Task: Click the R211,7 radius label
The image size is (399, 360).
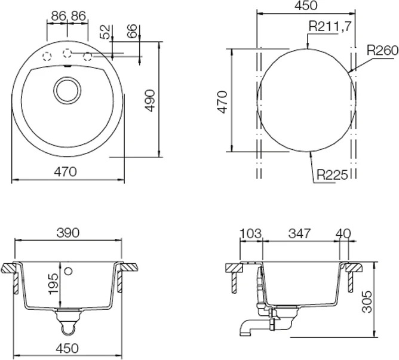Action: [330, 26]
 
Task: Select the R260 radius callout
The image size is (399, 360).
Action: [382, 51]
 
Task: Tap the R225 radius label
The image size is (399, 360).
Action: [332, 175]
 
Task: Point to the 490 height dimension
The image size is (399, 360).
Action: [150, 100]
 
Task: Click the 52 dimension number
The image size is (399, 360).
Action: [105, 32]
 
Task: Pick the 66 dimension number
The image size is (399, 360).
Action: [132, 31]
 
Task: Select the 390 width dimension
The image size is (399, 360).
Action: [68, 233]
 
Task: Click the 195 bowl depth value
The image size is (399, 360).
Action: [54, 284]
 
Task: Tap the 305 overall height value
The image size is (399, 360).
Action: [367, 301]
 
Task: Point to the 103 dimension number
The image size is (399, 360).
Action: [251, 233]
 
